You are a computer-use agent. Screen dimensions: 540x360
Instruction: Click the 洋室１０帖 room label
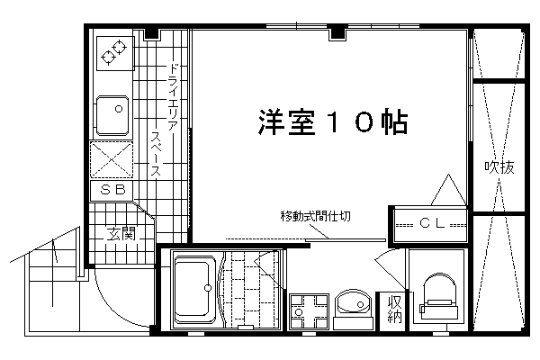pyautogui.click(x=333, y=122)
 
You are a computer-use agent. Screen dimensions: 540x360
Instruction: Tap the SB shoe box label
pyautogui.click(x=112, y=190)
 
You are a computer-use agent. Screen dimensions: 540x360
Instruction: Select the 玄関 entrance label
pyautogui.click(x=121, y=234)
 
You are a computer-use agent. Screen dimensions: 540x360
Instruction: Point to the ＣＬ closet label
pyautogui.click(x=432, y=224)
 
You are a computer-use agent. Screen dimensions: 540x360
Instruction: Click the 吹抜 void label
pyautogui.click(x=499, y=167)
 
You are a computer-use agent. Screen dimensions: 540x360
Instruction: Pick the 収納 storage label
pyautogui.click(x=395, y=309)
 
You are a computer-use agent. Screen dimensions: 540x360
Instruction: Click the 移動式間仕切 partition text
pyautogui.click(x=316, y=216)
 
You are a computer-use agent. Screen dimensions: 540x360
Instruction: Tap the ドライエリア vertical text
pyautogui.click(x=173, y=96)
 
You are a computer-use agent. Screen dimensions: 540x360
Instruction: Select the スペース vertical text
pyautogui.click(x=156, y=154)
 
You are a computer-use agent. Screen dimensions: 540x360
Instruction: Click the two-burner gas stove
pyautogui.click(x=114, y=53)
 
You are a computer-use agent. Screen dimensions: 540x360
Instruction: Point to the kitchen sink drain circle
pyautogui.click(x=119, y=109)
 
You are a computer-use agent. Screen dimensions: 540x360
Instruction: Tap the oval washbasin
pyautogui.click(x=354, y=303)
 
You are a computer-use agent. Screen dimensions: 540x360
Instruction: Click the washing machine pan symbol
pyautogui.click(x=309, y=311)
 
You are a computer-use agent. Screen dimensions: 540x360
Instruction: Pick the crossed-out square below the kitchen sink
pyautogui.click(x=112, y=159)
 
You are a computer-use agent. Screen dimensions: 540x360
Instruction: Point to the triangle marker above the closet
pyautogui.click(x=448, y=190)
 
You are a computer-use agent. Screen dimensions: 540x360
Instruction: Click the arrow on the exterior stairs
pyautogui.click(x=54, y=251)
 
